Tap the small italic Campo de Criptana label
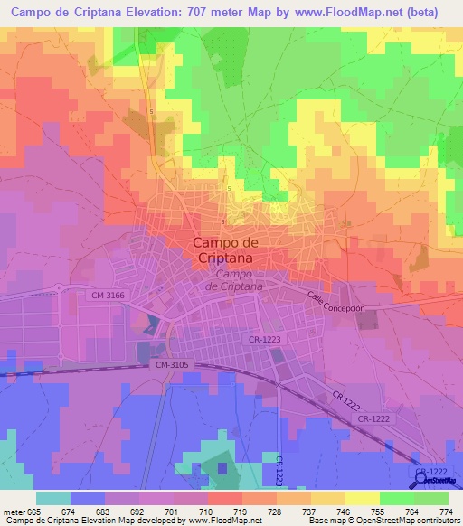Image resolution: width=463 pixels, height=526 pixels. coord(233,280)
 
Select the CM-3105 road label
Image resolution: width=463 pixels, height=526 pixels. coord(172,364)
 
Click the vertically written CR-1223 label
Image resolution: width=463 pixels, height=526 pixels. coord(280,471)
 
